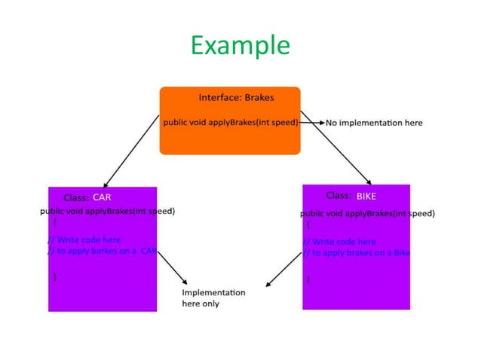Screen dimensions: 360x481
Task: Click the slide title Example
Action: coord(240,46)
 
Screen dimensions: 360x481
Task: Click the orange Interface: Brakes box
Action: coord(230,140)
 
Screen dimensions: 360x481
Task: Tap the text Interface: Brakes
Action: coord(236,97)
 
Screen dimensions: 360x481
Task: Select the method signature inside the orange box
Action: coord(231,122)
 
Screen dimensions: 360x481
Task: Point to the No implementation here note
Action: coord(374,123)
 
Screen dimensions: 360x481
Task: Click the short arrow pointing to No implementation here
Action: coord(312,122)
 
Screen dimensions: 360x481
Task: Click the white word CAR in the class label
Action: coord(102,197)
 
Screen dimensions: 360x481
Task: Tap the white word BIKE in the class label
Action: coord(366,196)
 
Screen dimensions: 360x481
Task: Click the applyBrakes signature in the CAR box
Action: coord(107,211)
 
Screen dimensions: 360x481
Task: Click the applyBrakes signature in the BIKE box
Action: coord(367,213)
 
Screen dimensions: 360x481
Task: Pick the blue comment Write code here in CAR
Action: coord(86,239)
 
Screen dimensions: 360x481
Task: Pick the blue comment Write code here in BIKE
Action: coord(341,242)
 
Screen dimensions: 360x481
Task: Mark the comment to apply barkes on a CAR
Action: coord(103,252)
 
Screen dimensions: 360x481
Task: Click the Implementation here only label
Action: coord(213,297)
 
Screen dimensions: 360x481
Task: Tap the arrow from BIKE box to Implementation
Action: coord(283,270)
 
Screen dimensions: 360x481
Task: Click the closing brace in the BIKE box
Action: coord(308,279)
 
